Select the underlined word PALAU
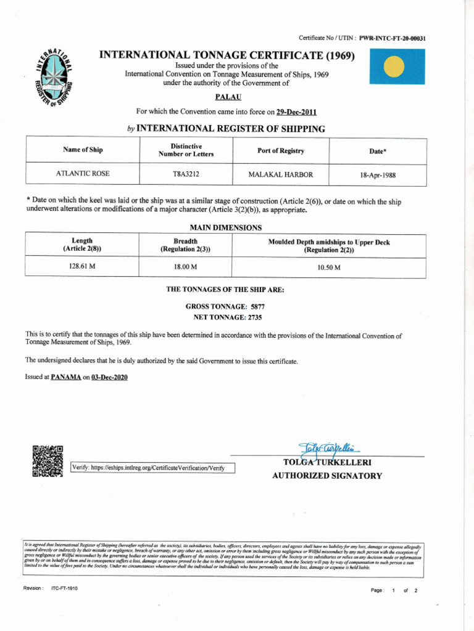coord(228,97)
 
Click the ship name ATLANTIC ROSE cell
coord(83,174)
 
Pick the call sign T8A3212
coord(186,174)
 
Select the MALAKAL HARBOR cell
coord(280,174)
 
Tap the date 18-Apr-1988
coord(378,175)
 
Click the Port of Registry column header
coord(280,151)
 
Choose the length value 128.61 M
coord(81,267)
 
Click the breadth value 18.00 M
coord(185,267)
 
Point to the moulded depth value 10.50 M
coord(328,267)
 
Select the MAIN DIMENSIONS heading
coord(225,227)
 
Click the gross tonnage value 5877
coord(257,306)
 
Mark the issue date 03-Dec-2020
coord(109,377)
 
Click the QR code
coord(48,461)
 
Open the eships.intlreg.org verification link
coord(153,468)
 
